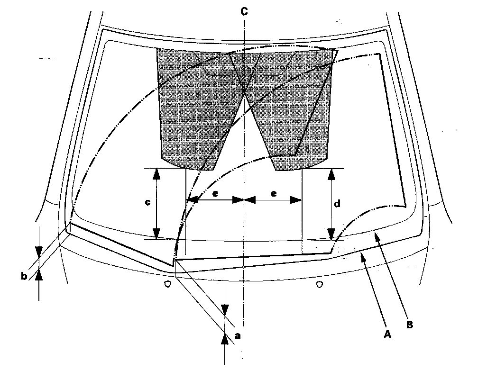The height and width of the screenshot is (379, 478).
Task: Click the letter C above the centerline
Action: [243, 12]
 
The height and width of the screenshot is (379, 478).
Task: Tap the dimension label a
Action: [238, 335]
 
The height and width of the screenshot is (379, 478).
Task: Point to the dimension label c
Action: [148, 202]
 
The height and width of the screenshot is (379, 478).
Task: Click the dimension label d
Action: [337, 204]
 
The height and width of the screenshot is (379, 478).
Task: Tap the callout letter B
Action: [409, 325]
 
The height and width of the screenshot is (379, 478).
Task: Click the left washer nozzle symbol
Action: [167, 284]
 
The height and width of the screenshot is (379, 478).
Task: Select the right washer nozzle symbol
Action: [320, 284]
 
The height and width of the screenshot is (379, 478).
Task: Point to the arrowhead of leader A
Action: [363, 256]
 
